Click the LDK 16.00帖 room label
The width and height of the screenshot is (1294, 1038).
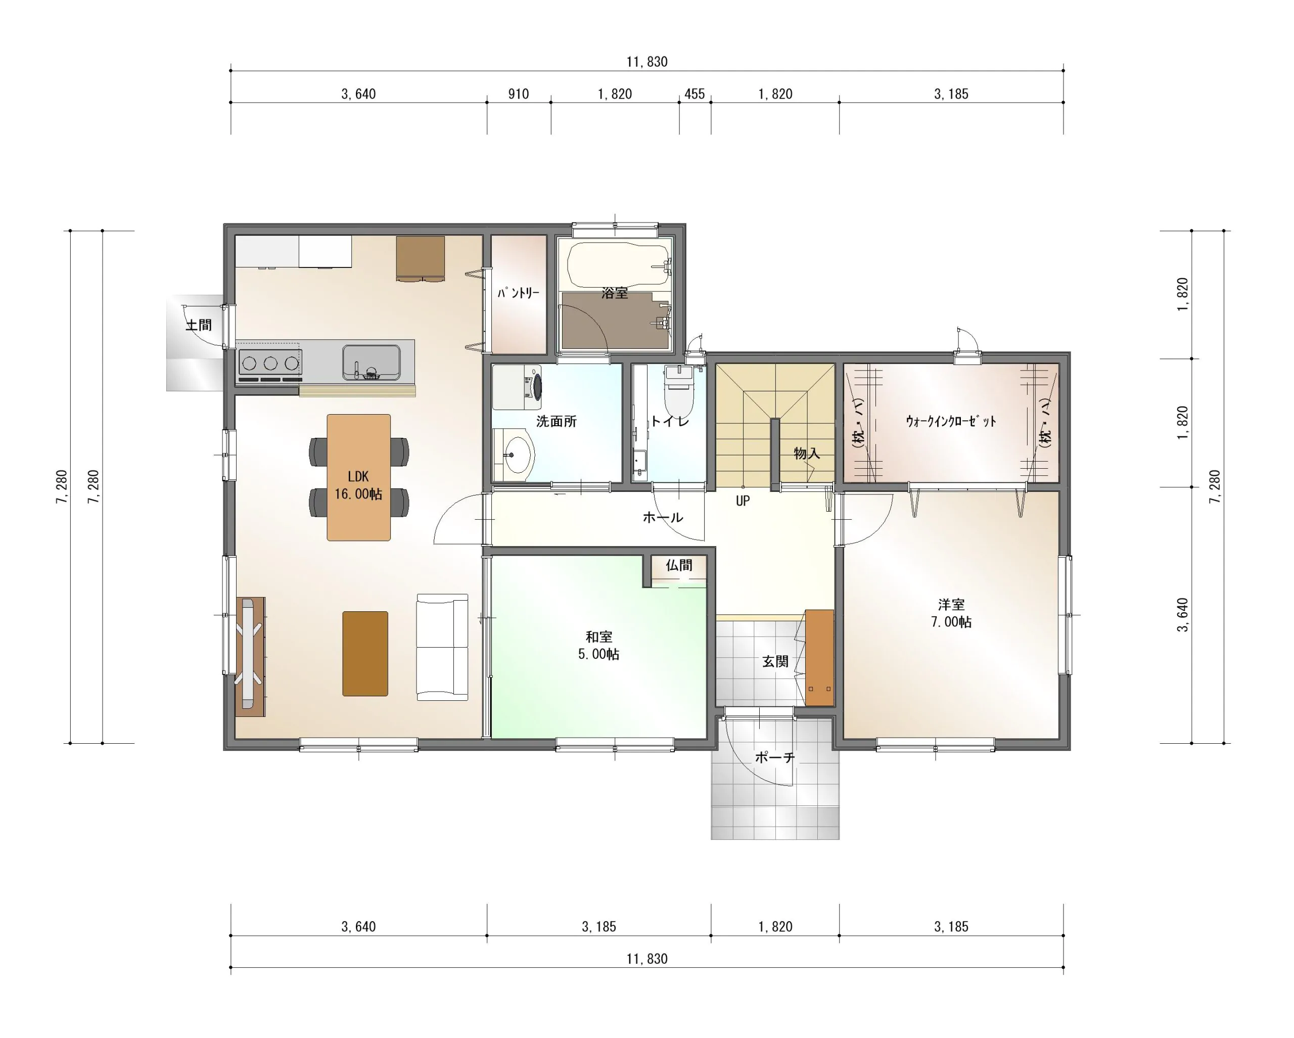[x=358, y=485]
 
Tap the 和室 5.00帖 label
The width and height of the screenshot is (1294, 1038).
[x=599, y=645]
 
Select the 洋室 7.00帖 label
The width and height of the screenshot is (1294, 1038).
[x=951, y=613]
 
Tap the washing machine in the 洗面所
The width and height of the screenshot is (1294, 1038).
[x=517, y=387]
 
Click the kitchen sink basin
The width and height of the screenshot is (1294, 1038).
[x=371, y=362]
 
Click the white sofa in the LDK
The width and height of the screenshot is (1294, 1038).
[x=442, y=647]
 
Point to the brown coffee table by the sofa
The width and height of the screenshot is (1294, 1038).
[x=365, y=654]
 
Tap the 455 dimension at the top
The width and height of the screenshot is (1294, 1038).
[x=695, y=94]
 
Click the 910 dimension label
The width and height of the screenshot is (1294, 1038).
[x=519, y=94]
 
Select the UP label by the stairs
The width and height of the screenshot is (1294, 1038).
[x=743, y=501]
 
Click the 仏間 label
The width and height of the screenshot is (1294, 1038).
[x=679, y=565]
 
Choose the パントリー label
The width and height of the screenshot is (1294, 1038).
[x=519, y=293]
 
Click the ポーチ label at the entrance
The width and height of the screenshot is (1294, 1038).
[x=775, y=757]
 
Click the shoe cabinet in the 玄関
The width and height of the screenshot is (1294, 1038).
[x=819, y=657]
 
